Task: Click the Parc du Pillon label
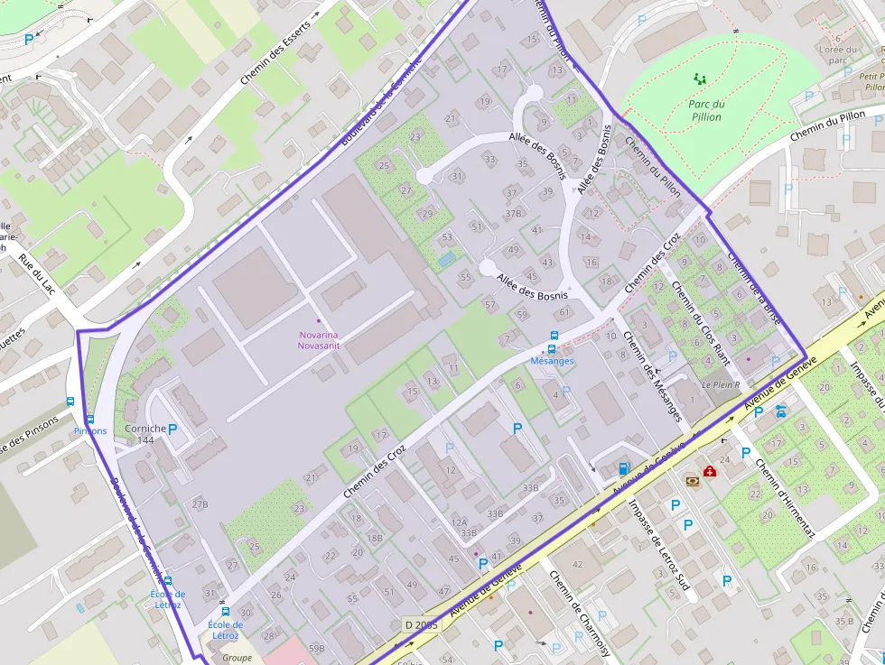pyautogui.click(x=706, y=110)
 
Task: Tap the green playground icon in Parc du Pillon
pyautogui.click(x=699, y=79)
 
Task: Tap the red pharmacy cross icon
pyautogui.click(x=710, y=471)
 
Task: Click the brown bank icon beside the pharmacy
pyautogui.click(x=692, y=481)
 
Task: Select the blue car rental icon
pyautogui.click(x=780, y=411)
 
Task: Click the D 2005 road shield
pyautogui.click(x=420, y=624)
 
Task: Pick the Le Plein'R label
pyautogui.click(x=721, y=384)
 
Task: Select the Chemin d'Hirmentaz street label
pyautogui.click(x=778, y=499)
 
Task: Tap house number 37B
pyautogui.click(x=513, y=214)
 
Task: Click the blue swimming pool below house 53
pyautogui.click(x=446, y=259)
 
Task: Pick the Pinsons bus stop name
pyautogui.click(x=90, y=431)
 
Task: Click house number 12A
pyautogui.click(x=460, y=522)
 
